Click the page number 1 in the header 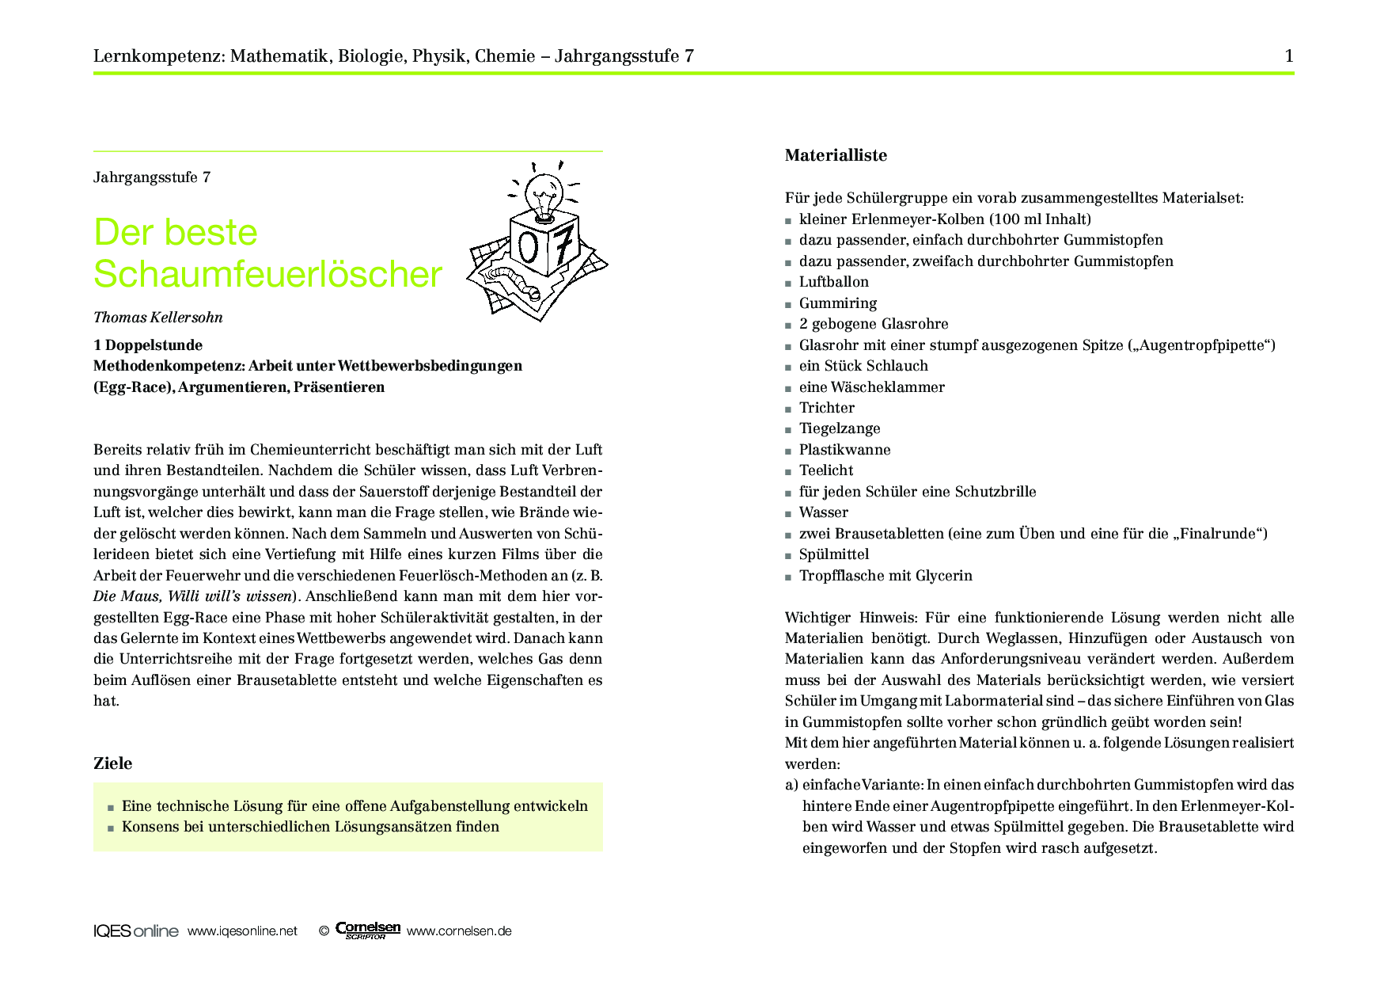point(1289,55)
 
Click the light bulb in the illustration point(544,192)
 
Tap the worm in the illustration point(514,279)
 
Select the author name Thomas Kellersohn point(158,318)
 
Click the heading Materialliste point(836,155)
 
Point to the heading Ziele point(113,763)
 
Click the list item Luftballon point(833,282)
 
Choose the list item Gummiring point(837,303)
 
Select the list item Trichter point(826,408)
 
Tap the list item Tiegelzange point(839,428)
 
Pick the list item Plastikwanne point(844,450)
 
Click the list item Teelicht point(825,470)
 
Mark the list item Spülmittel point(833,554)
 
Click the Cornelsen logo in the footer point(367,930)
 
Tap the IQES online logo point(135,931)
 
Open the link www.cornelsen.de point(459,931)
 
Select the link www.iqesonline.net point(242,931)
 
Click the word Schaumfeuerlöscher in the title point(267,274)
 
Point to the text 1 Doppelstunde point(148,345)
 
